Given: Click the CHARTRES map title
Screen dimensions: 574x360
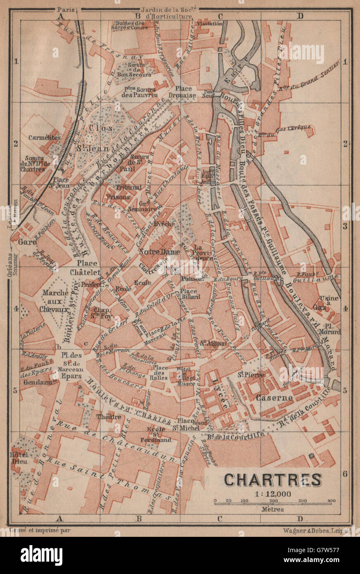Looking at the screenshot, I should [273, 479].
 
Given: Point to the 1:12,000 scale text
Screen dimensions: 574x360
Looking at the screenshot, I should [273, 494].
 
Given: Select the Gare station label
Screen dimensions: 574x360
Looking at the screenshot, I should [26, 243].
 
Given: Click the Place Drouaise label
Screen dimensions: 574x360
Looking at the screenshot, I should [185, 92].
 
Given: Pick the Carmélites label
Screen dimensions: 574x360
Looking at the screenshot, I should [45, 137].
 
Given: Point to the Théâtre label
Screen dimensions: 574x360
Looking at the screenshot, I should [109, 417].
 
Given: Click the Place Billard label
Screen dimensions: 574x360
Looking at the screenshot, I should [190, 294].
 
